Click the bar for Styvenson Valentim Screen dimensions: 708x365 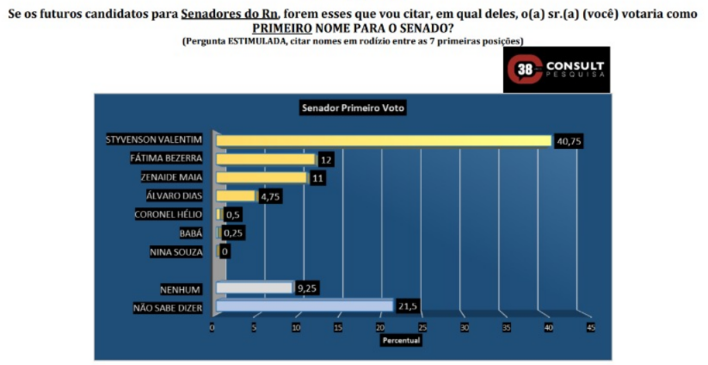(384, 140)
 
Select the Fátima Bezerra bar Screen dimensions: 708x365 (266, 159)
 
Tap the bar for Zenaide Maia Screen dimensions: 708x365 (262, 177)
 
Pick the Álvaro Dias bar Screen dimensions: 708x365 (236, 195)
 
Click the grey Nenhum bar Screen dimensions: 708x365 (255, 288)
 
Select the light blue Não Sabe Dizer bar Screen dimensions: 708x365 (305, 306)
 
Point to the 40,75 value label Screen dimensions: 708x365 (569, 141)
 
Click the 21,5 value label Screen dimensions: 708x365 (407, 306)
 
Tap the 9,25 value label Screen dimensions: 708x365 (306, 288)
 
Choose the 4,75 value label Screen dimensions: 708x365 (270, 197)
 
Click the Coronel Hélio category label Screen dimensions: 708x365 (169, 214)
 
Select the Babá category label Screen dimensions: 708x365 (191, 233)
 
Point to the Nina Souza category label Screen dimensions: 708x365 (176, 251)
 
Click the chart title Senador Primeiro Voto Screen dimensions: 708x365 (353, 108)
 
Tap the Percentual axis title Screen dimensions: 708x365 (402, 340)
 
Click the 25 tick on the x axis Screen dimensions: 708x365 (422, 328)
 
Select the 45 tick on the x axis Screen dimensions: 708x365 (591, 328)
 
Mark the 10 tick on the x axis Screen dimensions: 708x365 (296, 328)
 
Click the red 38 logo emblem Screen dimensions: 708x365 (525, 70)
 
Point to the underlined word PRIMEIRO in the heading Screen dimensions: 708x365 (282, 28)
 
